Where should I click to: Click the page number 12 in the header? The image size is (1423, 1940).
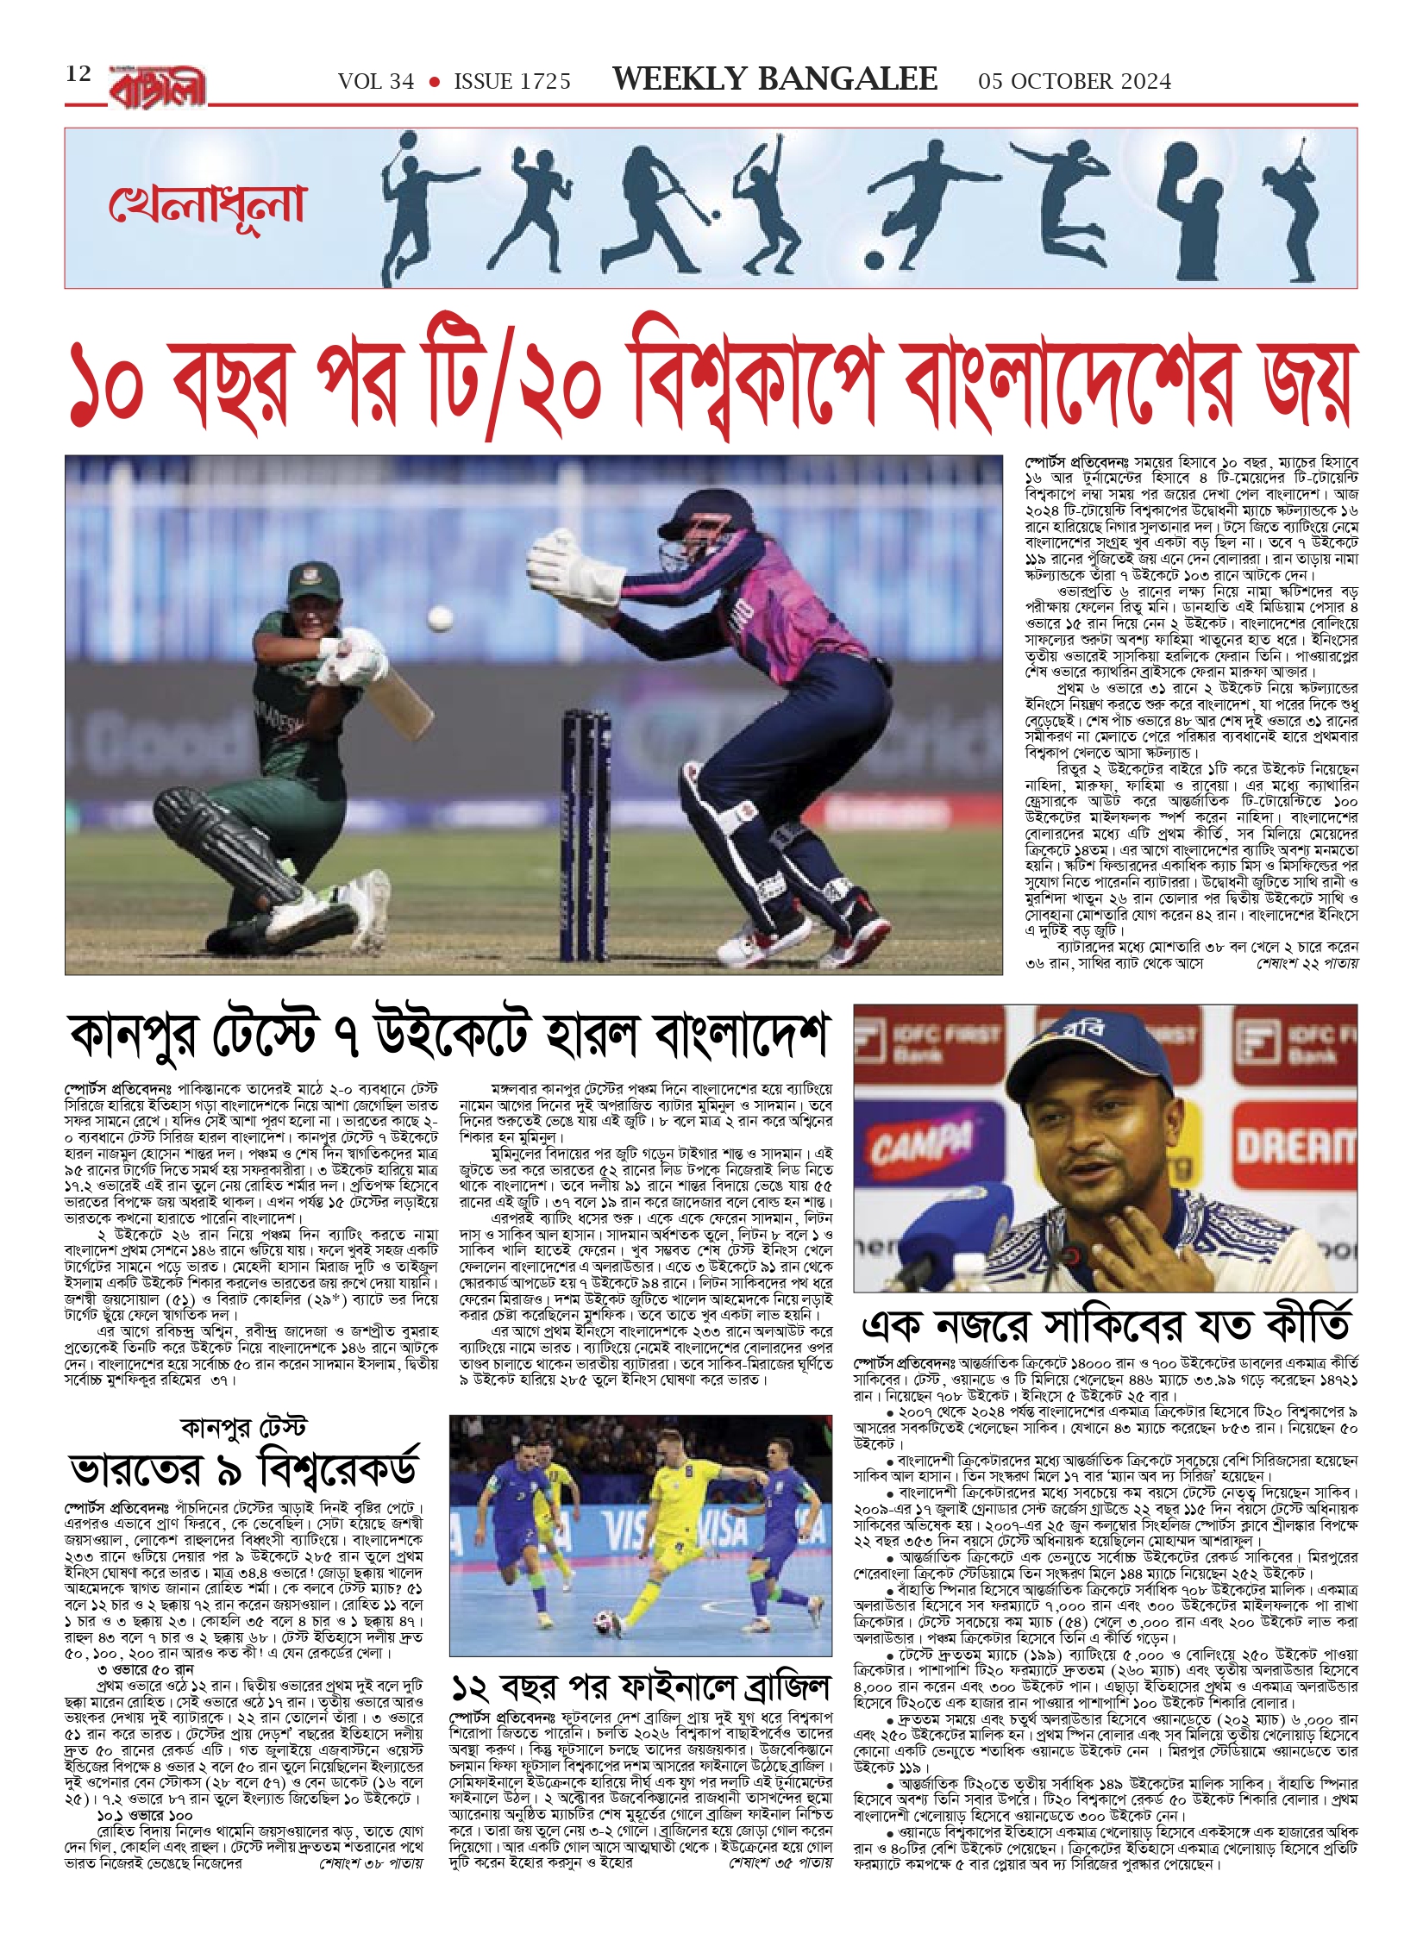78,74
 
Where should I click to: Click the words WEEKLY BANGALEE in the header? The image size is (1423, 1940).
774,80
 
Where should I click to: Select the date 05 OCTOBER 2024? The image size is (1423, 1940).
1074,82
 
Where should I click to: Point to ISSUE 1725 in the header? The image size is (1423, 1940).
512,82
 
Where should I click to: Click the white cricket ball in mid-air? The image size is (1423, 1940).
440,617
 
